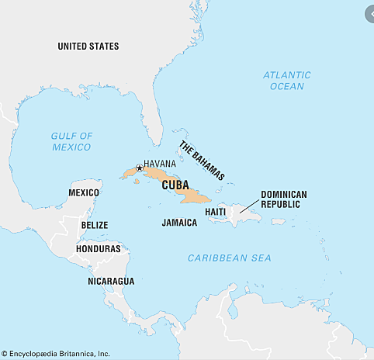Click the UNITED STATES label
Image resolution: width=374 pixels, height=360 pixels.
point(88,47)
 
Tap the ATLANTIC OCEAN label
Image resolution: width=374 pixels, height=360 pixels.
point(286,81)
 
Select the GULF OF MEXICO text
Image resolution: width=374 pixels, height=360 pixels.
point(71,141)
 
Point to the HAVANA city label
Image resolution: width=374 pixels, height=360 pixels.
point(160,164)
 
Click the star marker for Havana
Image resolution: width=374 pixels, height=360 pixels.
point(139,168)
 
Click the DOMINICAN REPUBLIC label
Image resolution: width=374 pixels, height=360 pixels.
point(284,199)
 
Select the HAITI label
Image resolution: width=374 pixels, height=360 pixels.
point(216,211)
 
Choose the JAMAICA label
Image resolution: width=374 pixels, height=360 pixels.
point(179,222)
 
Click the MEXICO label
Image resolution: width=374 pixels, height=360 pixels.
point(84,192)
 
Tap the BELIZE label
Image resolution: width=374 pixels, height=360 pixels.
point(95,225)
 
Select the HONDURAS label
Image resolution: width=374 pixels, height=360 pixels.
point(98,249)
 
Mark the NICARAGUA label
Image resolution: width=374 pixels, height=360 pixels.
point(111,280)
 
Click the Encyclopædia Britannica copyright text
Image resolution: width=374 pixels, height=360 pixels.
point(55,354)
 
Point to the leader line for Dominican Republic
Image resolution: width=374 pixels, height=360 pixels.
point(249,205)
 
